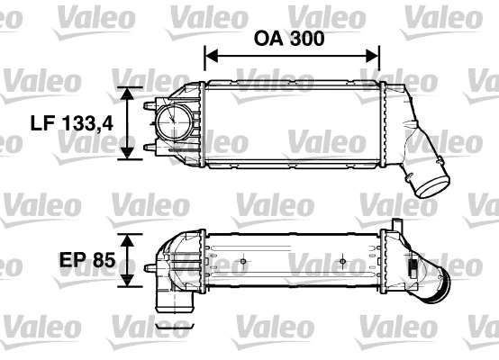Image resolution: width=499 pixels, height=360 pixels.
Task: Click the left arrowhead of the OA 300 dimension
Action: tap(211, 57)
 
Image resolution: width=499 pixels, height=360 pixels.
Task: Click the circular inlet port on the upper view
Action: tap(170, 120)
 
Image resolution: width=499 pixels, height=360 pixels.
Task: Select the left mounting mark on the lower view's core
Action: tap(243, 262)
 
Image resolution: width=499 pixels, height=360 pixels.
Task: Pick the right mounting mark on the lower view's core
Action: tap(344, 262)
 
